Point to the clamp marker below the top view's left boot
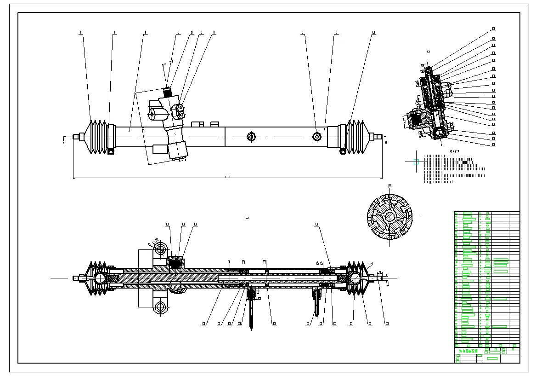(110, 151)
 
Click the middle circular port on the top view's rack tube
(251, 137)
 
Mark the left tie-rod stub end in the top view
(77, 136)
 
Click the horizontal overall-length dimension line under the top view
(227, 178)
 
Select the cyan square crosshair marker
(417, 162)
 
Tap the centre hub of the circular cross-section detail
(389, 216)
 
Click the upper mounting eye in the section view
(160, 250)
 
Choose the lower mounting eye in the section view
(160, 307)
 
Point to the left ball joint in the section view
(100, 278)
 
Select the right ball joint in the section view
(355, 277)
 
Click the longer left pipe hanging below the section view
(251, 311)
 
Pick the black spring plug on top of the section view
(175, 264)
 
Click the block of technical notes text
(450, 168)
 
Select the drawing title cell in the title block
(466, 351)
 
